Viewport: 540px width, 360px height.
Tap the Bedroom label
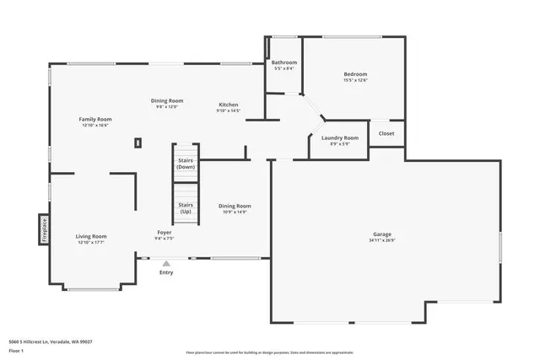355,74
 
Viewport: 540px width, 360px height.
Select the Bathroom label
283,62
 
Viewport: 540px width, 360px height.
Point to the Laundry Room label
340,137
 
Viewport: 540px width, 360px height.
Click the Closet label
386,133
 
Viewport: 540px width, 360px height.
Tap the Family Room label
95,120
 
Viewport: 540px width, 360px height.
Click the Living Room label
91,236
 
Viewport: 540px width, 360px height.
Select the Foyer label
165,233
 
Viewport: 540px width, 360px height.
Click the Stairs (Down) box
186,162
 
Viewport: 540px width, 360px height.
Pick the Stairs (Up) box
186,207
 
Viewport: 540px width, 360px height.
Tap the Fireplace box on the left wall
44,229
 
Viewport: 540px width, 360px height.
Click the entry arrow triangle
166,263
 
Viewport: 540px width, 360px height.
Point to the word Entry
166,272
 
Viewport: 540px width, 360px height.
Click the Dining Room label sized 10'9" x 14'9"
235,206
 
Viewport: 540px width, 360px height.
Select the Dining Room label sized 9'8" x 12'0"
167,100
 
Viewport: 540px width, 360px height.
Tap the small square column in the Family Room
137,143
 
